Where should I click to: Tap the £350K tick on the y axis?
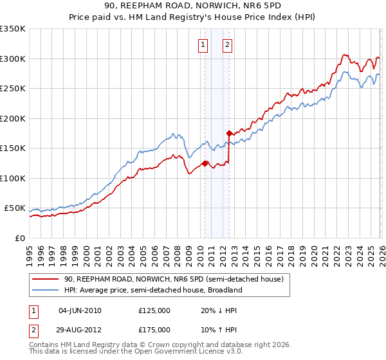[x=13, y=29]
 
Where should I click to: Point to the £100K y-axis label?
[x=13, y=178]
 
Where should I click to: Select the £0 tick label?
[x=19, y=238]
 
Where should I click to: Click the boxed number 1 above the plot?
[x=203, y=45]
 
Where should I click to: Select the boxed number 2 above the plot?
[x=228, y=45]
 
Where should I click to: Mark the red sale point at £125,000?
[x=205, y=163]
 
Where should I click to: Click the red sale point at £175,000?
[x=229, y=134]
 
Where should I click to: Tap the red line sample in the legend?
[x=46, y=280]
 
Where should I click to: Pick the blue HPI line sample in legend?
[x=46, y=290]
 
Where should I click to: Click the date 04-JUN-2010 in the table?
[x=80, y=310]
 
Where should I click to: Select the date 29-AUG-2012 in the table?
[x=80, y=329]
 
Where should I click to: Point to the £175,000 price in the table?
[x=154, y=329]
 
